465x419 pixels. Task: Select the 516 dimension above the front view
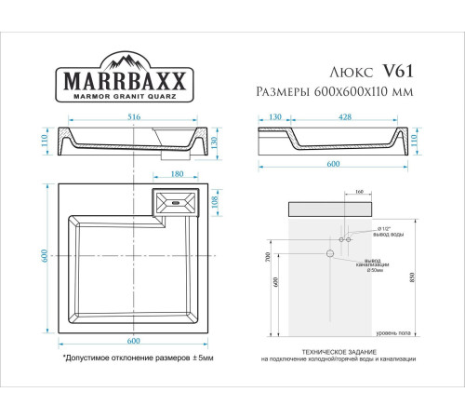point(135,118)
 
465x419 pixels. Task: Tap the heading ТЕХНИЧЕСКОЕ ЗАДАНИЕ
point(338,351)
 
